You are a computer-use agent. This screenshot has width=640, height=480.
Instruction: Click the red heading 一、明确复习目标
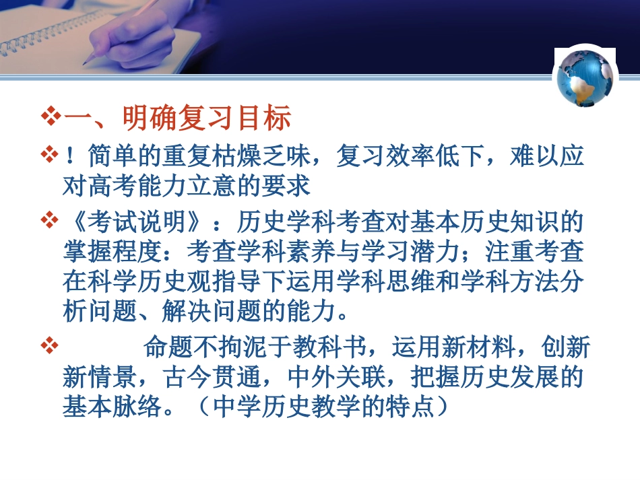tap(177, 119)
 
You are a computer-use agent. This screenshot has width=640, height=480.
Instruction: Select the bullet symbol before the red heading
tap(51, 118)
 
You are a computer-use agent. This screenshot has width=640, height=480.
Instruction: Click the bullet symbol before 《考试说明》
tap(51, 219)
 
